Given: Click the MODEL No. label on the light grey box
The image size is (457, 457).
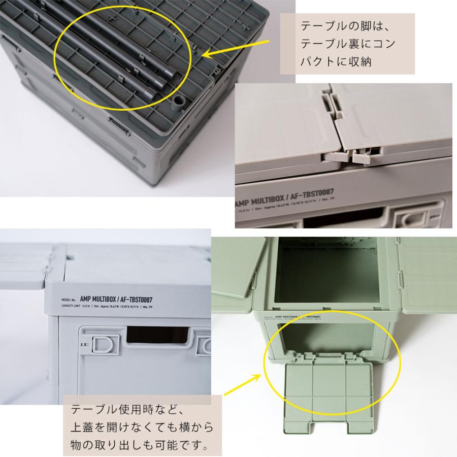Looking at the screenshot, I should pyautogui.click(x=68, y=299).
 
